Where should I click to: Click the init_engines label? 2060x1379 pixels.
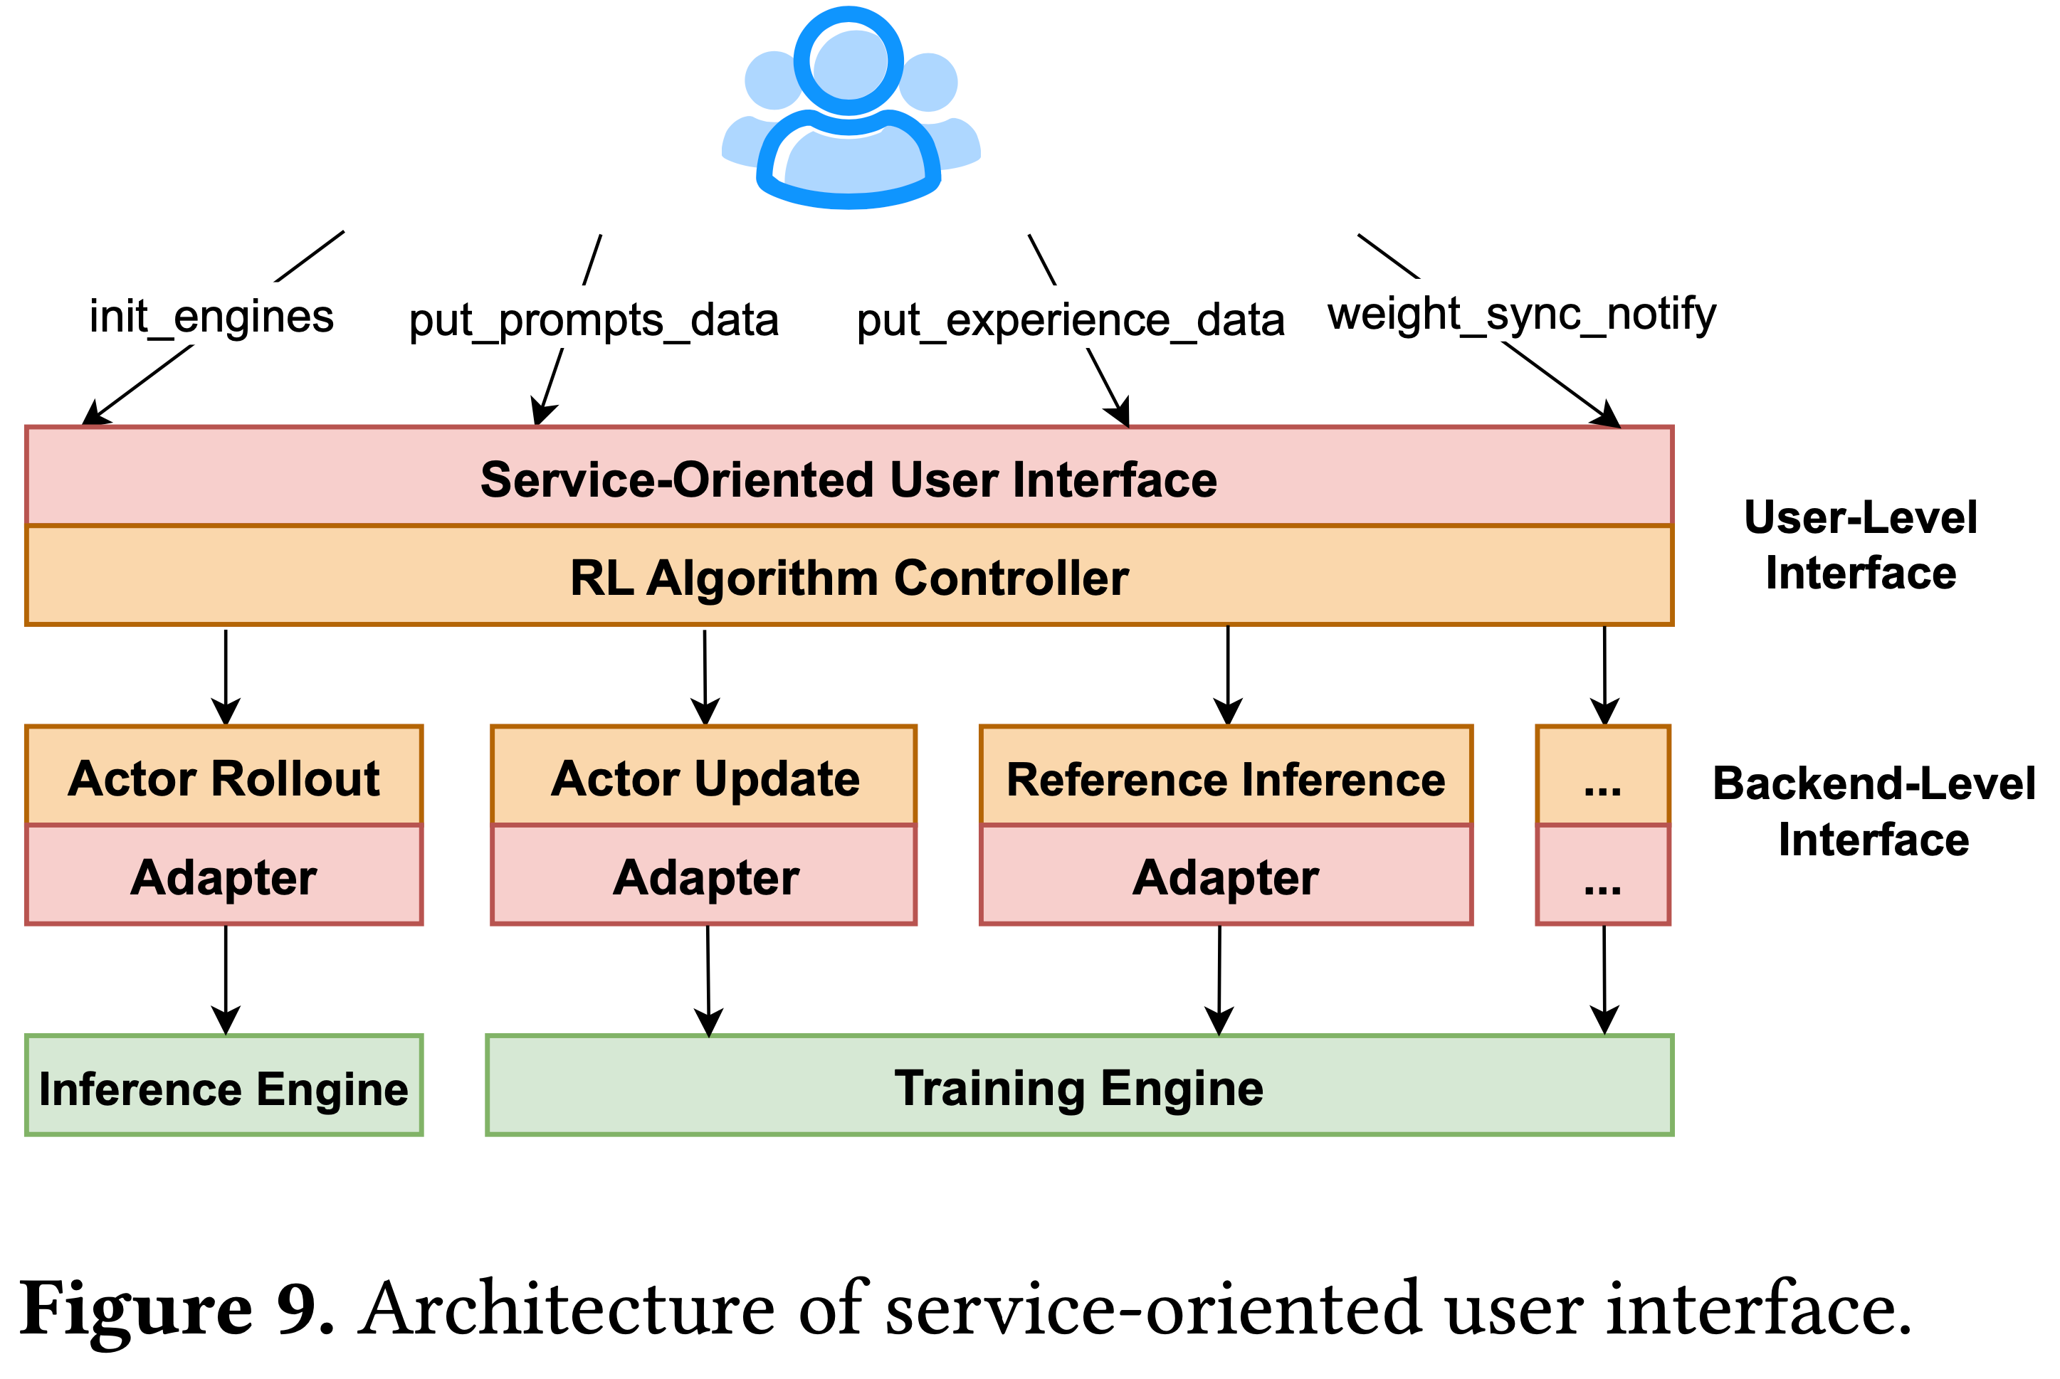(212, 317)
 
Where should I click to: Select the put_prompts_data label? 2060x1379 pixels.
(594, 320)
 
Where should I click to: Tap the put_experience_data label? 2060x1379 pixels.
(1071, 320)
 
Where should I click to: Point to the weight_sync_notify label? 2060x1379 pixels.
(1522, 314)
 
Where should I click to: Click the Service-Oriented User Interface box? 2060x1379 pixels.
(848, 477)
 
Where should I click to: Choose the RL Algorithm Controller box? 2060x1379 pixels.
(848, 576)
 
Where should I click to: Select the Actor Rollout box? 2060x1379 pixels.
(224, 776)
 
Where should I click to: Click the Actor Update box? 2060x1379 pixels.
(704, 776)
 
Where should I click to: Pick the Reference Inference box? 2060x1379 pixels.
(1226, 776)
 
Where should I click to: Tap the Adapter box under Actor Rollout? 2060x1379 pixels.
(224, 875)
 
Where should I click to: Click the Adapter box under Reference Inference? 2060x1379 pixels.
(1226, 875)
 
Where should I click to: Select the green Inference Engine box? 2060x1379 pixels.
(224, 1086)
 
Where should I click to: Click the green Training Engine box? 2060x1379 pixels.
(1079, 1086)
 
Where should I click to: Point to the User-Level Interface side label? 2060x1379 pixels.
(1860, 545)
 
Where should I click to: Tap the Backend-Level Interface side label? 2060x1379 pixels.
(1874, 811)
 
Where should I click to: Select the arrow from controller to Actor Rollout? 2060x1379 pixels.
(226, 677)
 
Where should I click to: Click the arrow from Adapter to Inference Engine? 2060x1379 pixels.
(226, 981)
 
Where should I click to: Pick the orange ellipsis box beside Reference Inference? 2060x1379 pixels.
(1602, 776)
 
